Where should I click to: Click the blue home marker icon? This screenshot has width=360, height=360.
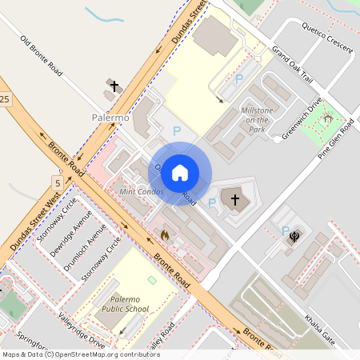point(180,173)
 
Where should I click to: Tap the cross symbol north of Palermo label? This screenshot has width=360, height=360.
point(114,86)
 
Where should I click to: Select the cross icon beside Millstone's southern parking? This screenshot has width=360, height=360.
point(234,199)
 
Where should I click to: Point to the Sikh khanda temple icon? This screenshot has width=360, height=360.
point(296,237)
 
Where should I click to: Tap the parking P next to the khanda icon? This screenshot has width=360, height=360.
point(286,230)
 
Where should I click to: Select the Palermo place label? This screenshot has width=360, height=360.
point(110,118)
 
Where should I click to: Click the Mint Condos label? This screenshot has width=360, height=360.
point(140,192)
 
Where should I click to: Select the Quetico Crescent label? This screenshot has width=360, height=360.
point(326,37)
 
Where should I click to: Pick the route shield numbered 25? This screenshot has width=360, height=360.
point(5,98)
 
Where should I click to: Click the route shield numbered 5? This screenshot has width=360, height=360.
point(57,180)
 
